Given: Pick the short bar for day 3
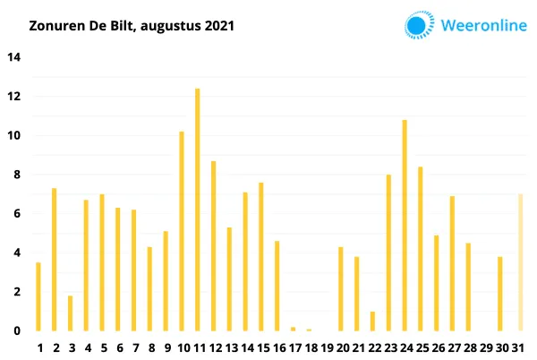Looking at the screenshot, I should [x=70, y=313].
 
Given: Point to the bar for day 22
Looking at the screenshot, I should [x=372, y=321].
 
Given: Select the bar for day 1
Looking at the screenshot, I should [x=38, y=296].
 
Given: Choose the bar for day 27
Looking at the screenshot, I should [x=452, y=263].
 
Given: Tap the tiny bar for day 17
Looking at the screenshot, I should [x=293, y=329].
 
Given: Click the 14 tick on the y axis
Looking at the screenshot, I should [x=13, y=57].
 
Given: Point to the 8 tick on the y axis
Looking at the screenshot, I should [x=13, y=176].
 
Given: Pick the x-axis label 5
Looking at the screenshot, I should [x=102, y=347].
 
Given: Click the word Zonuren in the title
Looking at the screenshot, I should [x=56, y=26].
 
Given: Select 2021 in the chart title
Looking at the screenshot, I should [x=217, y=26].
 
